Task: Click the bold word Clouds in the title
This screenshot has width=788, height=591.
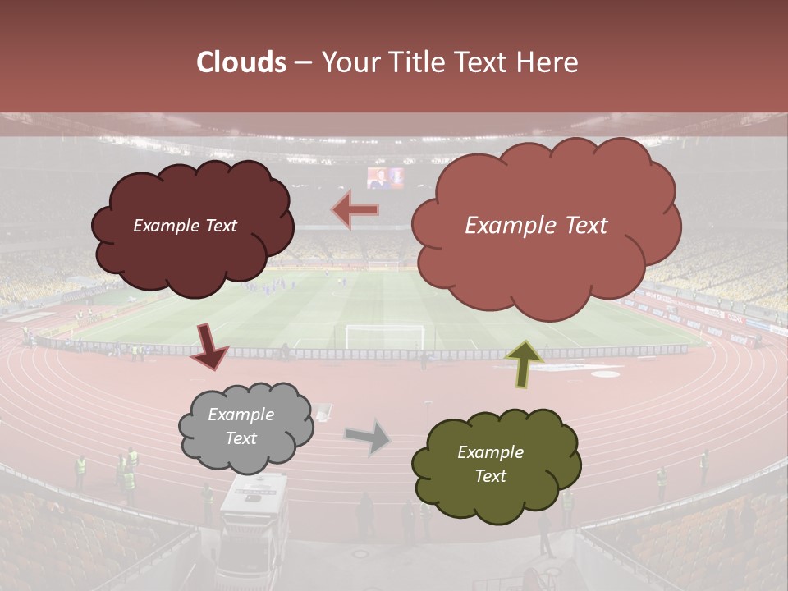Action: coord(241,62)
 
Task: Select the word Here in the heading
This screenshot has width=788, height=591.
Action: coord(548,62)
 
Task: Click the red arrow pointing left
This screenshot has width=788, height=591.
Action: coord(355,210)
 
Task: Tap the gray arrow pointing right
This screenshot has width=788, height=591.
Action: coord(368,437)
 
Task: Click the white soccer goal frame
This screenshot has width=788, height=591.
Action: coord(385,337)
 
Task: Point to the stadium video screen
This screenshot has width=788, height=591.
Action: coord(386,178)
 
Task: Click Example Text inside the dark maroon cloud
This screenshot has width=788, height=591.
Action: coord(186,226)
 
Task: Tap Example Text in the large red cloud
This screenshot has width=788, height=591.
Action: coord(537,226)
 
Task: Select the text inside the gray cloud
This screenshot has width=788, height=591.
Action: coord(241,427)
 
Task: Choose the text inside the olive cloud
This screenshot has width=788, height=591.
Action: coord(490,464)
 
